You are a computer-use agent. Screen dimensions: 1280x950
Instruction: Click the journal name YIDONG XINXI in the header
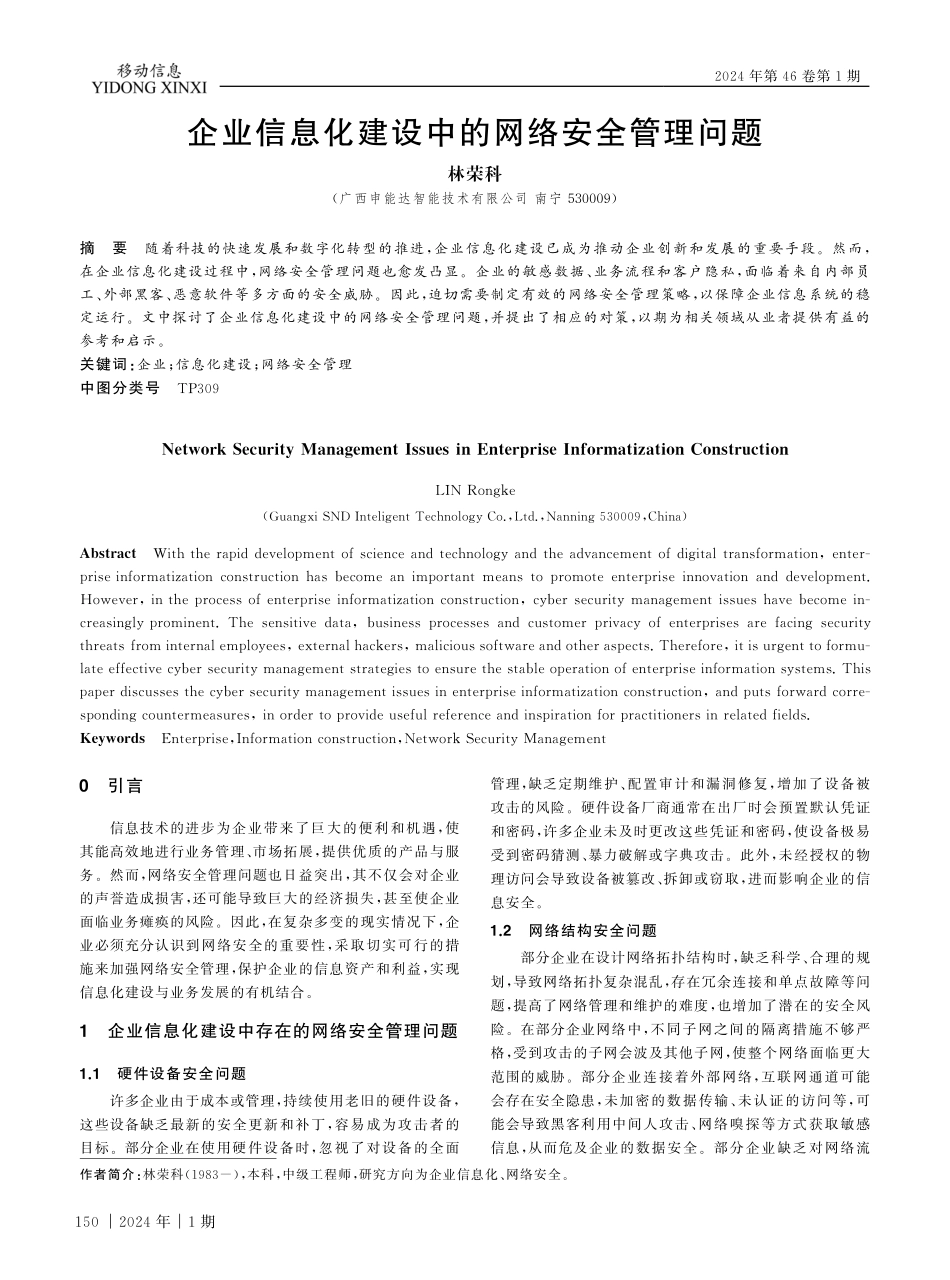click(148, 88)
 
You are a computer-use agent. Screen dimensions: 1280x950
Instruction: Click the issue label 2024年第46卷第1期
click(787, 77)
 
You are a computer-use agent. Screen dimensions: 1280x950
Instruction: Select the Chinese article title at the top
click(475, 132)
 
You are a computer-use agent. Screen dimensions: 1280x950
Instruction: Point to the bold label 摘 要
click(103, 247)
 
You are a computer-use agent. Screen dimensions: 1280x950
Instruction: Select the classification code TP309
click(197, 388)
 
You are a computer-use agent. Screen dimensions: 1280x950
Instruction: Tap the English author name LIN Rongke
click(474, 490)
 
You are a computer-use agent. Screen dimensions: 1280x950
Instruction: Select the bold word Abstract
click(108, 554)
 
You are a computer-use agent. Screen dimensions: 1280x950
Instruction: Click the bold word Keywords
click(112, 739)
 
